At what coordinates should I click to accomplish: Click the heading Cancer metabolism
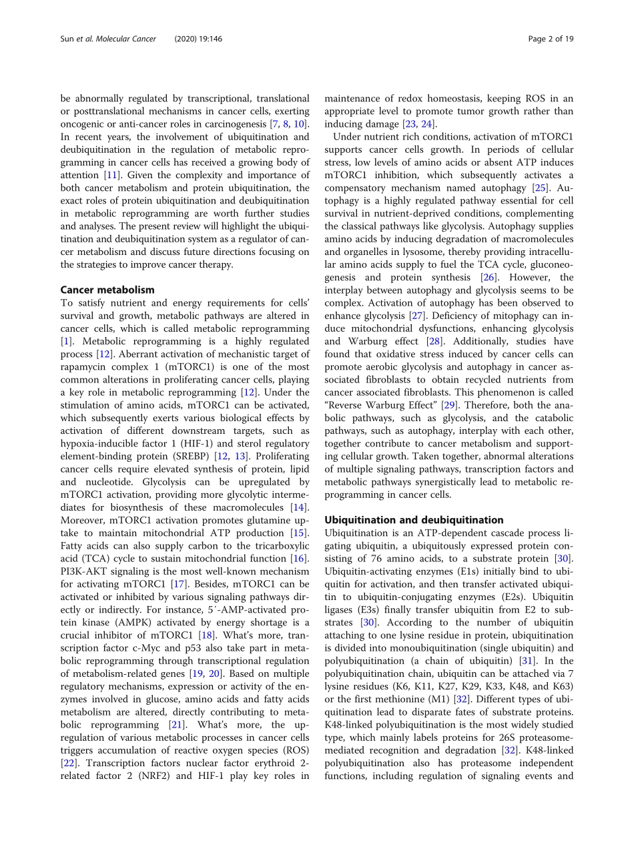pyautogui.click(x=107, y=290)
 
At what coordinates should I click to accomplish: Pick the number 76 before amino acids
pyautogui.click(x=378, y=558)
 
